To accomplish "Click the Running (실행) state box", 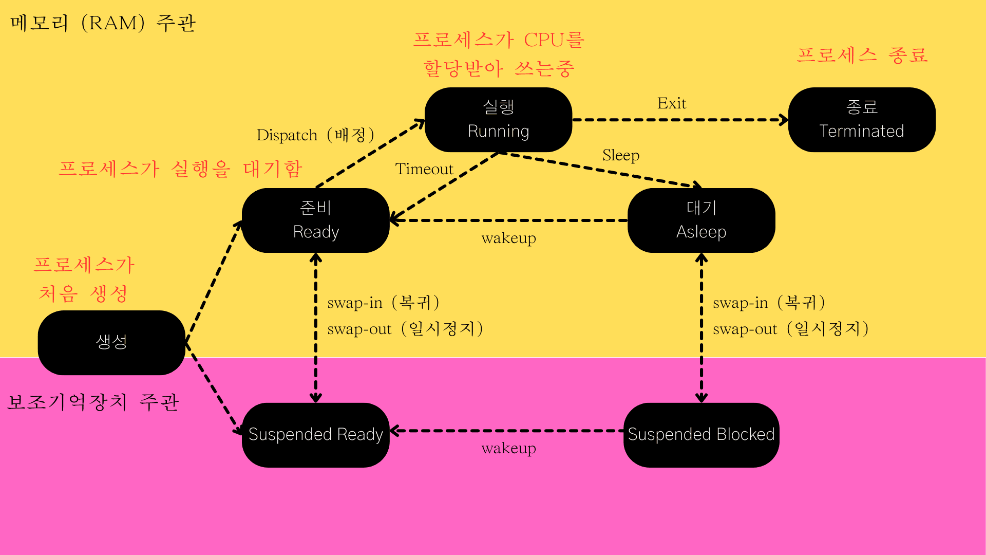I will [498, 120].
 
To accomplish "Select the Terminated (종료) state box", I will [861, 120].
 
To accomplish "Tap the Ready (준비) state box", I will [315, 220].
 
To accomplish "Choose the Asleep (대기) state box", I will [701, 220].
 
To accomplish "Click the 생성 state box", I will [111, 342].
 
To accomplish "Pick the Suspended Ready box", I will [315, 435].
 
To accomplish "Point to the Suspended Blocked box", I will [701, 435].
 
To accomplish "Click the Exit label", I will [672, 103].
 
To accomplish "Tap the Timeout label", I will [424, 169].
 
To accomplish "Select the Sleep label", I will [620, 155].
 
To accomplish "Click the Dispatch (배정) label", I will [315, 135].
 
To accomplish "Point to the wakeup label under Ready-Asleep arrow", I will [508, 238].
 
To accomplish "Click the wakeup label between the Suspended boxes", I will [508, 448].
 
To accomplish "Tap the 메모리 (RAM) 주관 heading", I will [103, 23].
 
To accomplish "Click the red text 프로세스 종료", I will [862, 55].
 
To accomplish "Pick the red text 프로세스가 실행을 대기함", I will [180, 169].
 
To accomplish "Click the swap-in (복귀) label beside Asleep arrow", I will [769, 303].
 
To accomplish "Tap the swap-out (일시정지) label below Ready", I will [405, 329].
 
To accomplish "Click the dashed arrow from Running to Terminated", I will [680, 120].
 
